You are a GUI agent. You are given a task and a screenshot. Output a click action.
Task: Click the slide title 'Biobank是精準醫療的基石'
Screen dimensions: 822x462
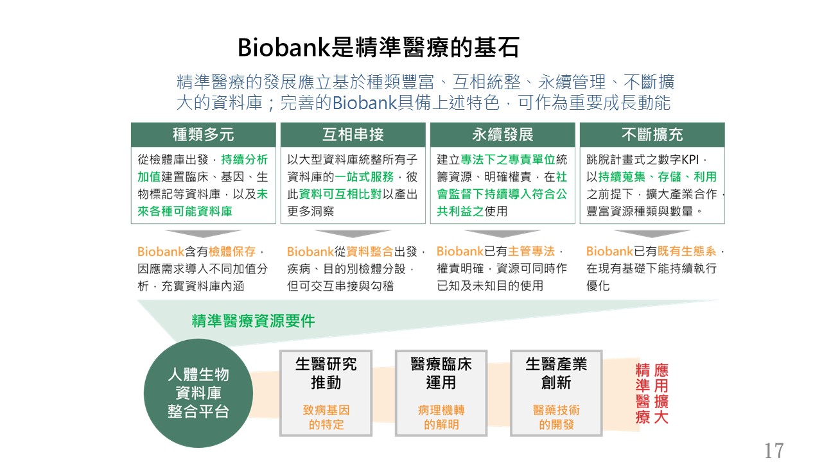click(x=378, y=47)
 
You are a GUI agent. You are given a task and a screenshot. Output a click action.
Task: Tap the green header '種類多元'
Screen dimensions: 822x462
click(x=204, y=135)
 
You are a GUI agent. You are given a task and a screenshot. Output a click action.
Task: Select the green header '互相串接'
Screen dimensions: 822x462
click(x=353, y=135)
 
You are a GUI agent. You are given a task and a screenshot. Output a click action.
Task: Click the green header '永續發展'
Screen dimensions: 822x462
click(x=503, y=135)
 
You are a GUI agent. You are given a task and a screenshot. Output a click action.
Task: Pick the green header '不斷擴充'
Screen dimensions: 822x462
click(x=652, y=135)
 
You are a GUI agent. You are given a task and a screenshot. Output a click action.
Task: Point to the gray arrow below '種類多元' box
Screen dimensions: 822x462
click(x=204, y=234)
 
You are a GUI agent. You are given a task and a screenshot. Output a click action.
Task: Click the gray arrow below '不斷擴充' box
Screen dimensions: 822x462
click(x=652, y=234)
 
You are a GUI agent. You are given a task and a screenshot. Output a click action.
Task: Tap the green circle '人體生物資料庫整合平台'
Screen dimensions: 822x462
click(x=198, y=393)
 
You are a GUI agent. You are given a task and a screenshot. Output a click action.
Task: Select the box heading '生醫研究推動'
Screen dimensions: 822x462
click(x=326, y=373)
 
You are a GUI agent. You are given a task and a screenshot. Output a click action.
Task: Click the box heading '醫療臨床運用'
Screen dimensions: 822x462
click(x=441, y=373)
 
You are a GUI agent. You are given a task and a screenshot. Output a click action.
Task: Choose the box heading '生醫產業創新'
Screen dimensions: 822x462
click(x=556, y=373)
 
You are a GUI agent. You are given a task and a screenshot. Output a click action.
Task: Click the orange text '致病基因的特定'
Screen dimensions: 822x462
click(x=326, y=417)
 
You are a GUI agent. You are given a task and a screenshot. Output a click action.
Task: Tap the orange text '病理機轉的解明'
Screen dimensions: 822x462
click(x=441, y=417)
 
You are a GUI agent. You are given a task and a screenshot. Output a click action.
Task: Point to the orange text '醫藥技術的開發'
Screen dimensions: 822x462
click(x=556, y=417)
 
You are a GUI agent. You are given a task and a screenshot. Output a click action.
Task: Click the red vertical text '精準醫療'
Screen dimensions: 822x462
click(x=643, y=393)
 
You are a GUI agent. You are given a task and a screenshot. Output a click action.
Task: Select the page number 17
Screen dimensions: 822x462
click(x=774, y=450)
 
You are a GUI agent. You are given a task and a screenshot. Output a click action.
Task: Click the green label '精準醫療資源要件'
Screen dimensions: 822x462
click(x=253, y=321)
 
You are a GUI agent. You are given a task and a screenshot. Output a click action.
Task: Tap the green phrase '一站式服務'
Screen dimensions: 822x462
click(x=364, y=176)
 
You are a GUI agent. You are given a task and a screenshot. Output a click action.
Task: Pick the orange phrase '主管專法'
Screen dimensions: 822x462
click(x=531, y=251)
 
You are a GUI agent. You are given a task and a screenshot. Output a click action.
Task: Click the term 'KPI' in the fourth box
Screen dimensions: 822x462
click(x=690, y=160)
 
